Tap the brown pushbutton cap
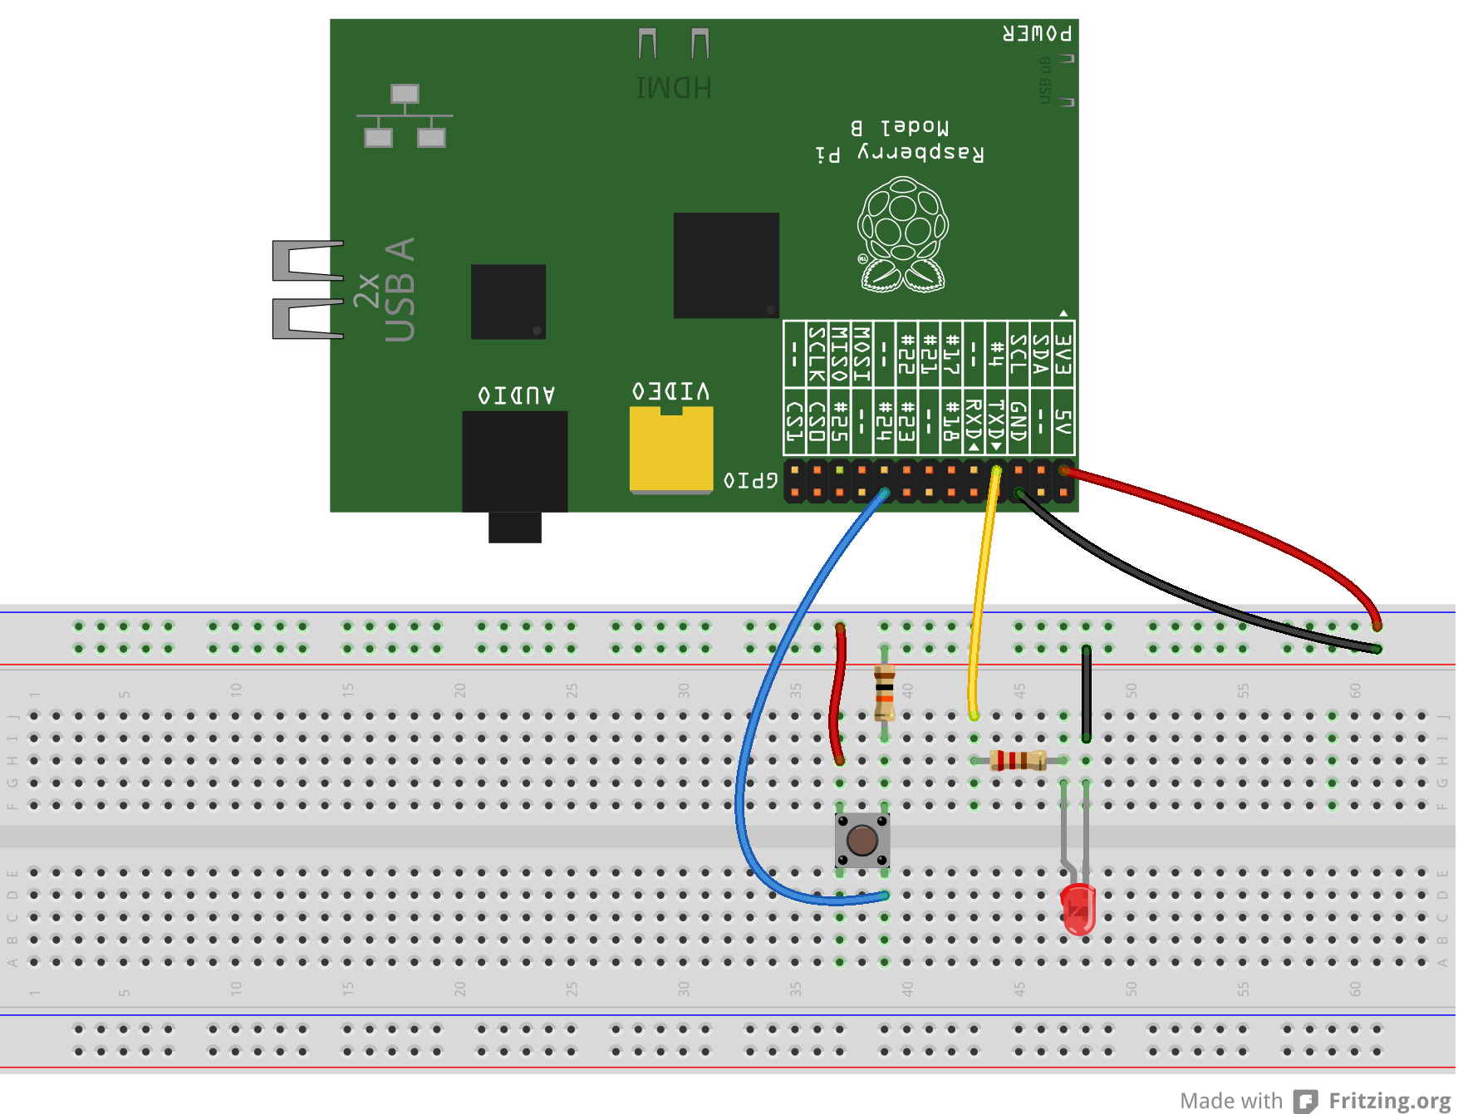(x=862, y=840)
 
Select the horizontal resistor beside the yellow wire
(x=1018, y=760)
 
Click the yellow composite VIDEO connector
(x=670, y=449)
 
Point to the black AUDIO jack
(x=514, y=462)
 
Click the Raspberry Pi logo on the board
(x=902, y=235)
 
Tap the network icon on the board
(x=405, y=116)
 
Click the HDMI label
(x=673, y=88)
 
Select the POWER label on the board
(x=1037, y=34)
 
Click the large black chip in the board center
(x=725, y=265)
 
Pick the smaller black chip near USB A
(x=508, y=302)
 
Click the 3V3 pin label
(x=1063, y=354)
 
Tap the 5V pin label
(x=1063, y=422)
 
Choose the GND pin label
(x=1019, y=422)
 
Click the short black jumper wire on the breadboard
(x=1086, y=694)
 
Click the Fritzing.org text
(x=1389, y=1101)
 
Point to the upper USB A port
(x=308, y=260)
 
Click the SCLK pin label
(x=817, y=354)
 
